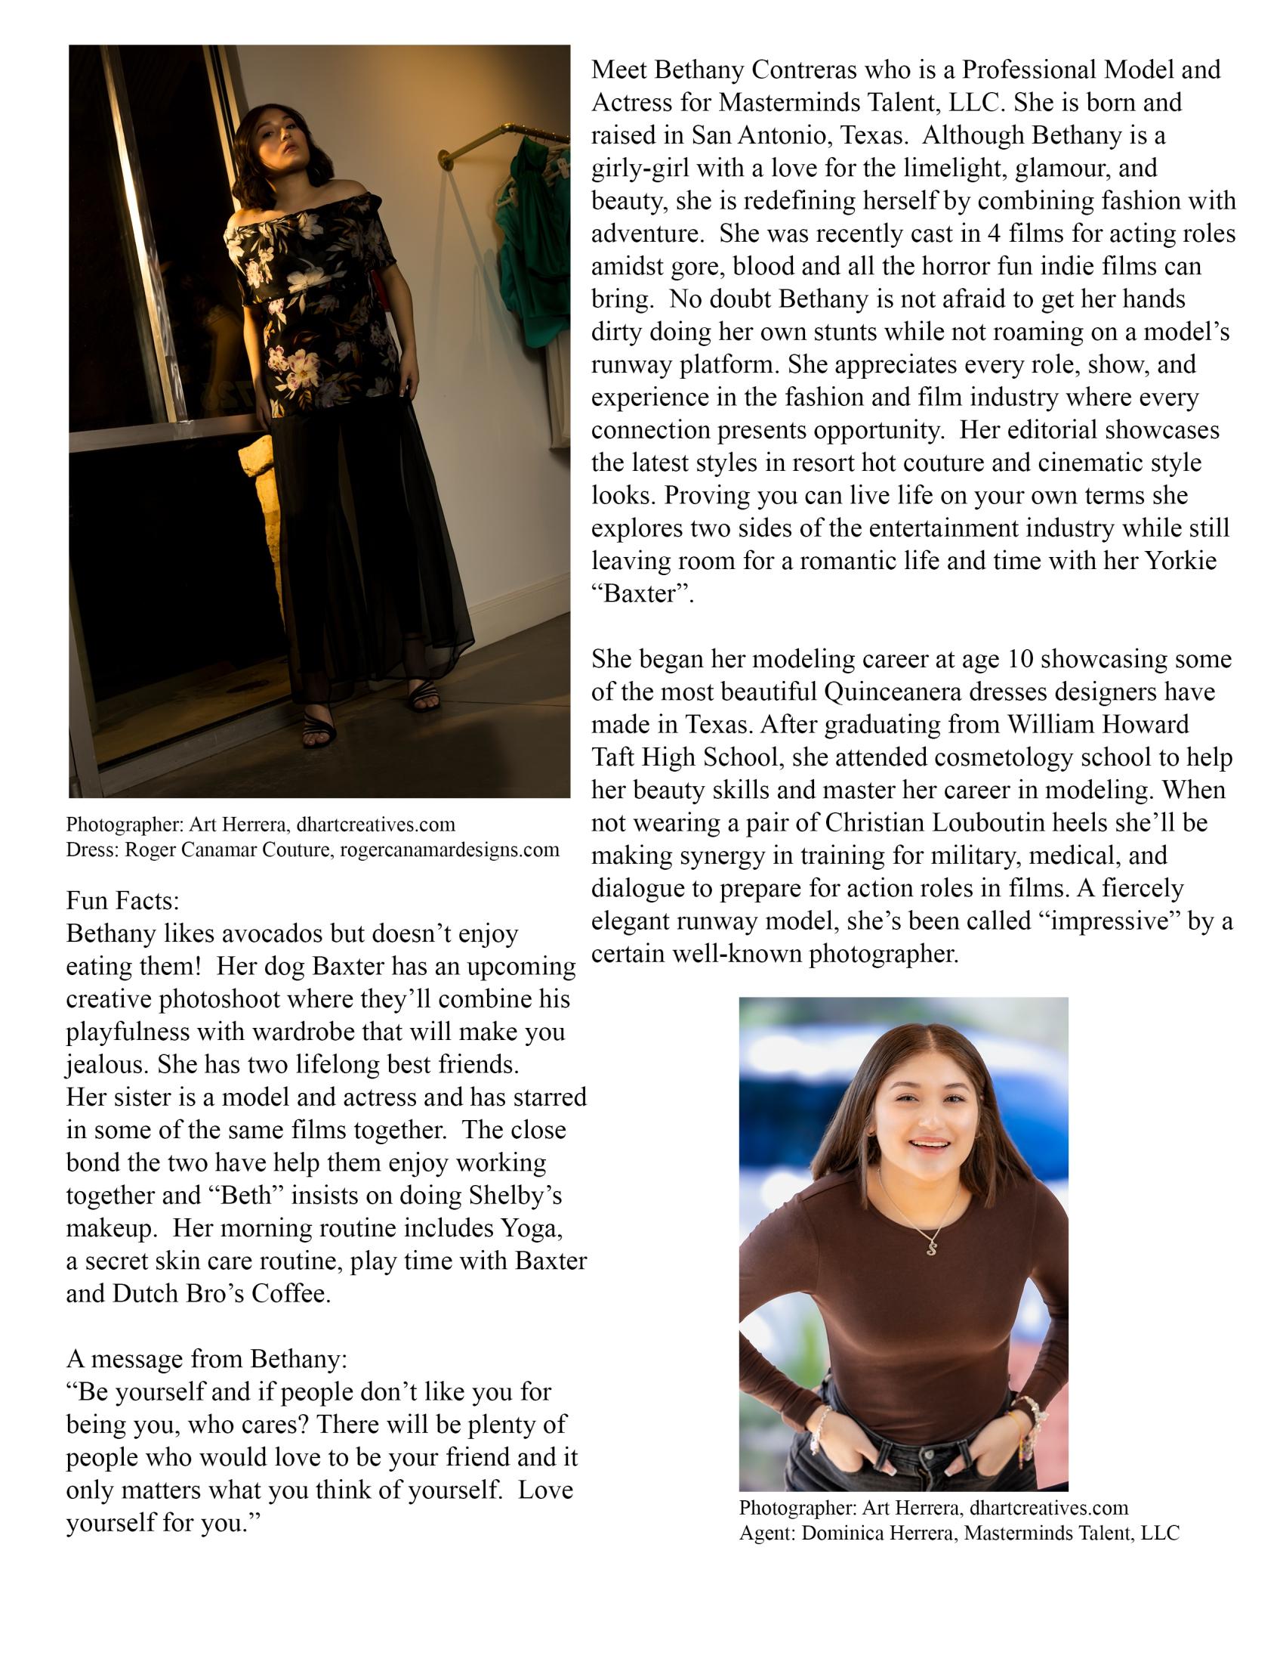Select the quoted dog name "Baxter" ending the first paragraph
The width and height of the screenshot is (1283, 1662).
point(643,593)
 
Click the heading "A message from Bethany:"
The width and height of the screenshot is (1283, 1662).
point(207,1359)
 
